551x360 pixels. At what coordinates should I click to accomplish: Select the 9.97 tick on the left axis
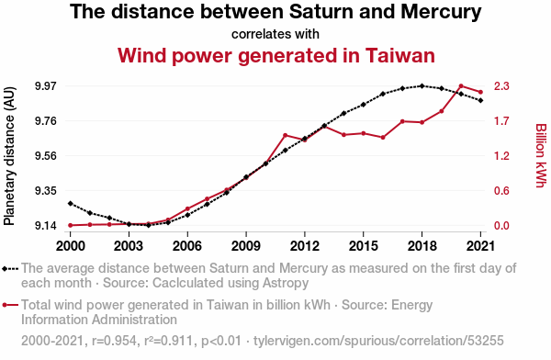point(46,85)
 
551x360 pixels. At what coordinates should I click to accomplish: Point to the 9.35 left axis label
point(46,191)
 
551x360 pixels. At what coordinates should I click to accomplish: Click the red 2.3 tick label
point(501,85)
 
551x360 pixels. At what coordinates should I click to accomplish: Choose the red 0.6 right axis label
point(501,191)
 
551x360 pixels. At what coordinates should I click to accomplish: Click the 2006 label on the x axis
point(187,246)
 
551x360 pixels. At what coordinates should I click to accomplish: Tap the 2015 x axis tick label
point(364,246)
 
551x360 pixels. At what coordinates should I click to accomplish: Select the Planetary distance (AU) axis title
point(9,156)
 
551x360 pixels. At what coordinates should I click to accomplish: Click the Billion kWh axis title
point(541,155)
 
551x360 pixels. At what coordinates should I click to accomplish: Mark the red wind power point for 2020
point(461,85)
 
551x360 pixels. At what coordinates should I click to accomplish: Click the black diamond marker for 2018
point(422,85)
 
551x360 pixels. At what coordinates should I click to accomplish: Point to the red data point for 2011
point(286,135)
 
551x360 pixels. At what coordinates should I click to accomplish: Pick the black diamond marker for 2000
point(71,204)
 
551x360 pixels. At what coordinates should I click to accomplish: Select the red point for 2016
point(383,138)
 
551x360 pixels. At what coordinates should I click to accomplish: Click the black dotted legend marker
point(10,269)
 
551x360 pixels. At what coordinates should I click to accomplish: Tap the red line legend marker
point(10,305)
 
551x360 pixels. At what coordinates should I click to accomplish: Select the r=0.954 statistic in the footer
point(114,341)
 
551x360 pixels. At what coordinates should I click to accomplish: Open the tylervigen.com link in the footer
point(378,341)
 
